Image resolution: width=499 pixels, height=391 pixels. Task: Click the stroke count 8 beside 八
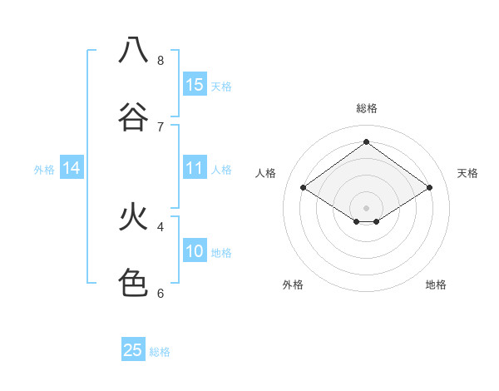point(161,61)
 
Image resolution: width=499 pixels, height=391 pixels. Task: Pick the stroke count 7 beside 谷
point(161,126)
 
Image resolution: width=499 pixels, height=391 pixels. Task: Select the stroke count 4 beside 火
point(161,226)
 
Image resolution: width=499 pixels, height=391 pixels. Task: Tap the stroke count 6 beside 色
point(161,293)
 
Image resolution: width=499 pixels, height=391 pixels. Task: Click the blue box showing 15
point(195,85)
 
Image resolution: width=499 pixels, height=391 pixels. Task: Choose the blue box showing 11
point(195,168)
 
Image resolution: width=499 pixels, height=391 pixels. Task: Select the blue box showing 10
point(195,251)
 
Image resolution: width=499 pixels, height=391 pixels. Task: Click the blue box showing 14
point(72,168)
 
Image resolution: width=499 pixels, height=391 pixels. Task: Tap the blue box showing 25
point(133,350)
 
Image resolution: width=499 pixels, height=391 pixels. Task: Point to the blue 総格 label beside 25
point(160,352)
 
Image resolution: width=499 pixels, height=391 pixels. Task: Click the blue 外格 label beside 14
point(44,170)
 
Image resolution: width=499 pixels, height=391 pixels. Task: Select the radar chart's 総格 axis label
point(366,108)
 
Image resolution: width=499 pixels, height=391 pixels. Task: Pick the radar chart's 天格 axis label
point(467,173)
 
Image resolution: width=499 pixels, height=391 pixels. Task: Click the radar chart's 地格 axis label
point(436,285)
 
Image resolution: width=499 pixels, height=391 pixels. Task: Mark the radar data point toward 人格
point(304,188)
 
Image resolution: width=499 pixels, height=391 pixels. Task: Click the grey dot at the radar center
point(366,207)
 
